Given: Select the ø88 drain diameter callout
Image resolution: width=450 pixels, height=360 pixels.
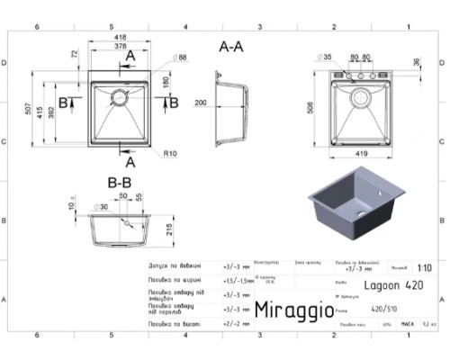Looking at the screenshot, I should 181,58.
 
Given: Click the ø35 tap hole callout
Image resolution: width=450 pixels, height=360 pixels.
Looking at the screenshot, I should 325,57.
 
